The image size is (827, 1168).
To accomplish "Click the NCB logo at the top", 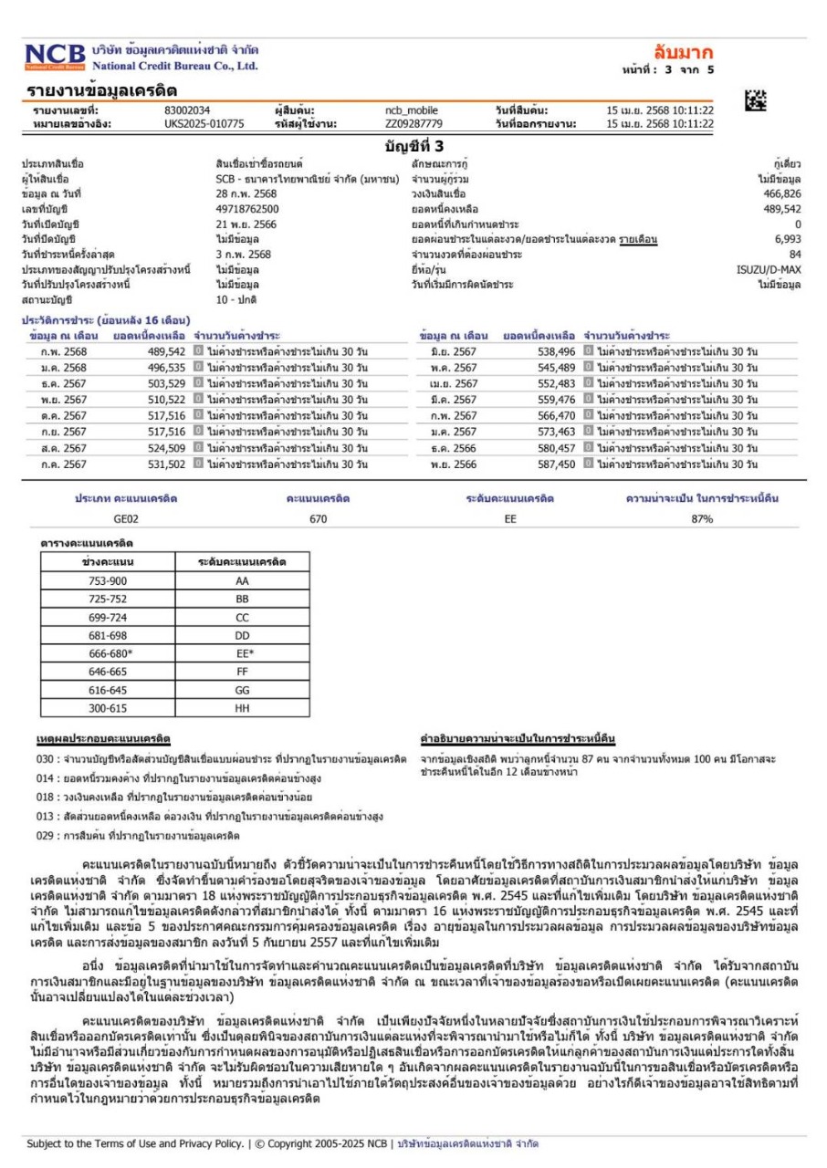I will click(x=55, y=57).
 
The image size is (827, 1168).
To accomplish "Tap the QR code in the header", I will click(x=756, y=102).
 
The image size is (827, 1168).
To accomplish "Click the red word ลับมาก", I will click(x=683, y=51).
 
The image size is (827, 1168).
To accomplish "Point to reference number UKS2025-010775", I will click(x=204, y=123).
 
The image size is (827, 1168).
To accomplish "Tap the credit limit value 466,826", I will click(x=782, y=194).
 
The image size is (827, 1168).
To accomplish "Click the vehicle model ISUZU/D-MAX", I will click(x=769, y=269).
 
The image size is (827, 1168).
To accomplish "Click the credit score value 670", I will click(x=318, y=518).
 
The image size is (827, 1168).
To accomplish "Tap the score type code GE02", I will click(x=126, y=518).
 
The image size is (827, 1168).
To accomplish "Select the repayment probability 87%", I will click(x=702, y=518).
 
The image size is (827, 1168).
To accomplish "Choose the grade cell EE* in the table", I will click(x=243, y=653).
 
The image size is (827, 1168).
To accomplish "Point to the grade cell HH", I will click(x=242, y=708).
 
